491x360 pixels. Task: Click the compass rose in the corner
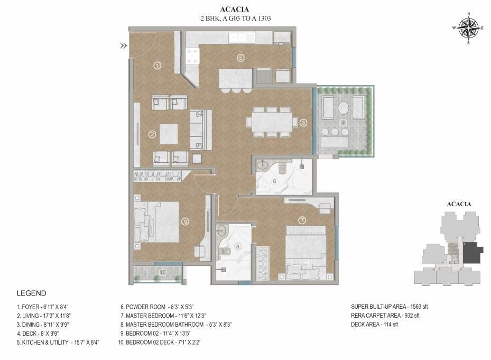tap(468, 27)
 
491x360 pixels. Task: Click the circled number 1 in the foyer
tap(157, 66)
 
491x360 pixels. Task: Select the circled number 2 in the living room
tap(152, 134)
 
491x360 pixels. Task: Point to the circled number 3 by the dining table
tap(303, 123)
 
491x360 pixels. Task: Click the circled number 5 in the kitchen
tap(240, 58)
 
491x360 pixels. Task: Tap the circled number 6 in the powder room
tap(274, 181)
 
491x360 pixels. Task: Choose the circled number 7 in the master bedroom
tap(302, 220)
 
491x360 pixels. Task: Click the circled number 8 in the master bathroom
tap(237, 246)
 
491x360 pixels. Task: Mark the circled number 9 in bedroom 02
tap(184, 222)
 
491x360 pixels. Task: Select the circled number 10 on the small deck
tap(163, 272)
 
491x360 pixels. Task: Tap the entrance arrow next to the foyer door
tap(123, 46)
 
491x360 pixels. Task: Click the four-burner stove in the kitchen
tap(192, 57)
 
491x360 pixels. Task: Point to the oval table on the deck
tap(344, 107)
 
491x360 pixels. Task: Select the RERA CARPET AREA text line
tap(385, 316)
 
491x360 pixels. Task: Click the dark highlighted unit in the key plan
tap(472, 253)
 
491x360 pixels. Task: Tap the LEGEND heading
tap(31, 293)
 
